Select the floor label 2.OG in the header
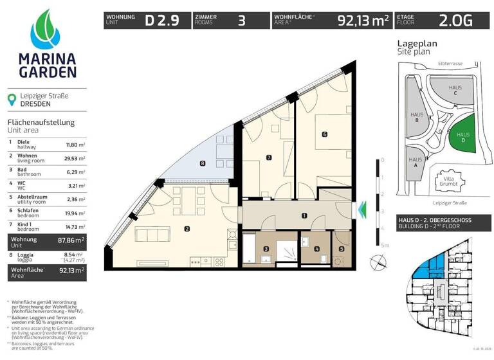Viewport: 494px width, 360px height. tap(456, 21)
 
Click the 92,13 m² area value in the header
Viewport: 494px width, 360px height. tap(363, 21)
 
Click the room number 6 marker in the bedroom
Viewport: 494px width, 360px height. tap(325, 134)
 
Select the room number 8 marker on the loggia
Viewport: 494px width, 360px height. tap(203, 163)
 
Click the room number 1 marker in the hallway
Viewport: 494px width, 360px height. tap(304, 216)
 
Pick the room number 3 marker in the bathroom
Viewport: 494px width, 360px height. tap(266, 249)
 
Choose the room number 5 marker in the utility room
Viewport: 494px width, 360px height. tap(341, 249)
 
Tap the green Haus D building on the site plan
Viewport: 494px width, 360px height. tap(460, 136)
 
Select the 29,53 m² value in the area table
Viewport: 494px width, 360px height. tap(77, 158)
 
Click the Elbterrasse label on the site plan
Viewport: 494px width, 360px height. tap(450, 64)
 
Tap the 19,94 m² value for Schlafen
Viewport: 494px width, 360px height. tap(77, 212)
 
